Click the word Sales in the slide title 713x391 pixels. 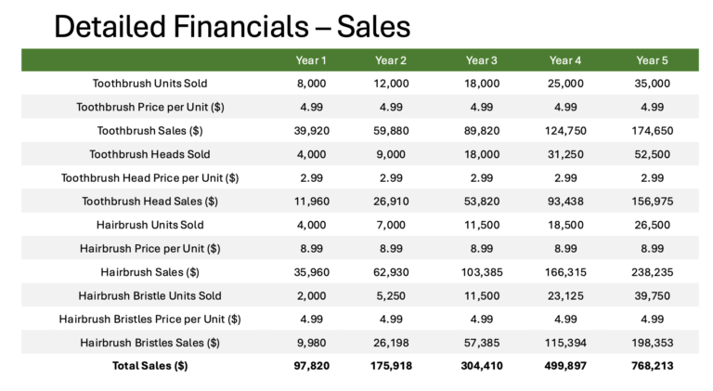pyautogui.click(x=373, y=26)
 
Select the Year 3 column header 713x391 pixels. pyautogui.click(x=482, y=60)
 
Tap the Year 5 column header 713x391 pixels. pyautogui.click(x=652, y=60)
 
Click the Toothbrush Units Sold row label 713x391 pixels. pyautogui.click(x=150, y=84)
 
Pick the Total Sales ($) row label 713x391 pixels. pyautogui.click(x=150, y=366)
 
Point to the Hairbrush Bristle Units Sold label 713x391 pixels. pyautogui.click(x=150, y=296)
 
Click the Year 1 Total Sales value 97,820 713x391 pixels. pyautogui.click(x=312, y=366)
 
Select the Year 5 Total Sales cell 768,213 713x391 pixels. pyautogui.click(x=652, y=366)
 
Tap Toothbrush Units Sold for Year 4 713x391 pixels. pyautogui.click(x=565, y=84)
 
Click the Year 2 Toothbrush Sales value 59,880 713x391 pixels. pyautogui.click(x=391, y=131)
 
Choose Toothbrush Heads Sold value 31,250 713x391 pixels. pyautogui.click(x=565, y=154)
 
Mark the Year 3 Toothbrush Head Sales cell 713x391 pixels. pyautogui.click(x=482, y=202)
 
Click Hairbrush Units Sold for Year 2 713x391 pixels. pyautogui.click(x=391, y=225)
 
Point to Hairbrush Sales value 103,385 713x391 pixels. pyautogui.click(x=482, y=272)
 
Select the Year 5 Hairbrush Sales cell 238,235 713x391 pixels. pyautogui.click(x=652, y=272)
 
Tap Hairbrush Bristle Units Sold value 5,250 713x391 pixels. pyautogui.click(x=391, y=296)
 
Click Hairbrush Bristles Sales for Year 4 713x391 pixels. pyautogui.click(x=565, y=343)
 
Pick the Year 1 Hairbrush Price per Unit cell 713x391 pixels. pyautogui.click(x=312, y=249)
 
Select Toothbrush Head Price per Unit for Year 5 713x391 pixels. pyautogui.click(x=652, y=177)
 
